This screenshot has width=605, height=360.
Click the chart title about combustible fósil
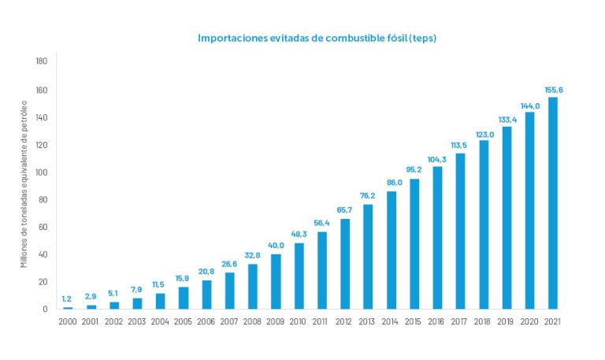pyautogui.click(x=317, y=38)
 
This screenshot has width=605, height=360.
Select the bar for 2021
pyautogui.click(x=553, y=202)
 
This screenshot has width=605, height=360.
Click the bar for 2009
pyautogui.click(x=276, y=281)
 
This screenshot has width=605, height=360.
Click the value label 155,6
pyautogui.click(x=553, y=89)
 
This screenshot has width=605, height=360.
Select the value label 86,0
pyautogui.click(x=392, y=183)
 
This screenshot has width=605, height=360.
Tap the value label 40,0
pyautogui.click(x=276, y=246)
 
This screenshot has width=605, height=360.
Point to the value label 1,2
pyautogui.click(x=68, y=299)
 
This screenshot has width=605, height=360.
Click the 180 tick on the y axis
pyautogui.click(x=43, y=61)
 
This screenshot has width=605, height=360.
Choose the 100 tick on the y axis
pyautogui.click(x=43, y=173)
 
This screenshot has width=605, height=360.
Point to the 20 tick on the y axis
pyautogui.click(x=44, y=282)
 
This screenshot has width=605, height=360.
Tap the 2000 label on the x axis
pyautogui.click(x=68, y=321)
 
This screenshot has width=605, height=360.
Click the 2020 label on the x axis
pyautogui.click(x=530, y=321)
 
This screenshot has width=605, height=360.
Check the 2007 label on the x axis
pyautogui.click(x=229, y=321)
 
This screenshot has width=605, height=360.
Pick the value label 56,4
pyautogui.click(x=321, y=223)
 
